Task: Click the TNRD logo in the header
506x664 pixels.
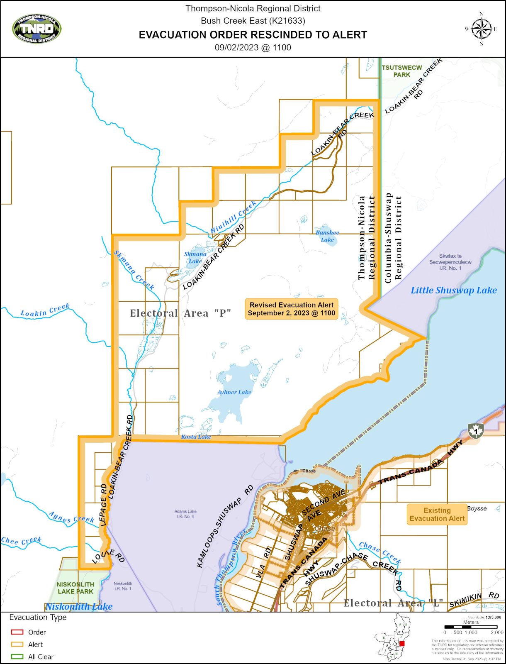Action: [37, 29]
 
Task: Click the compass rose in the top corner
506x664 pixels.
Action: [481, 29]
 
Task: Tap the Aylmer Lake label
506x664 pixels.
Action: [234, 392]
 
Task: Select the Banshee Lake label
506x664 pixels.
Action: [327, 236]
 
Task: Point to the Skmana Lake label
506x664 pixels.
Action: [195, 257]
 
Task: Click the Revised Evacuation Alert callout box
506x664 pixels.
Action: [291, 309]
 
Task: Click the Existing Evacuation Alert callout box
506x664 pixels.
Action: [437, 514]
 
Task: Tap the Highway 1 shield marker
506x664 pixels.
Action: [476, 431]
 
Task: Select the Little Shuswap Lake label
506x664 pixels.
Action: [454, 290]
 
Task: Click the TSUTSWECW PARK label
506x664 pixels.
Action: [401, 71]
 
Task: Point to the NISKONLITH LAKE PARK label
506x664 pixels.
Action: [75, 588]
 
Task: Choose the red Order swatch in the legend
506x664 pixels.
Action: [17, 632]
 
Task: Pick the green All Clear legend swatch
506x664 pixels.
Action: [17, 657]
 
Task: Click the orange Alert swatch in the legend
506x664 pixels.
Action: [17, 644]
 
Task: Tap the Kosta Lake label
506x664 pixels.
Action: [196, 437]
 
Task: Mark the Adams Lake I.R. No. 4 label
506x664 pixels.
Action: [185, 514]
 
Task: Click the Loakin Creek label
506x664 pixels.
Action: [45, 310]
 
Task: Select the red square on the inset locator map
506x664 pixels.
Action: [401, 644]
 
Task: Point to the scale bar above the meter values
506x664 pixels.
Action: [471, 627]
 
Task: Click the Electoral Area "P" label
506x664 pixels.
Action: [180, 313]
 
